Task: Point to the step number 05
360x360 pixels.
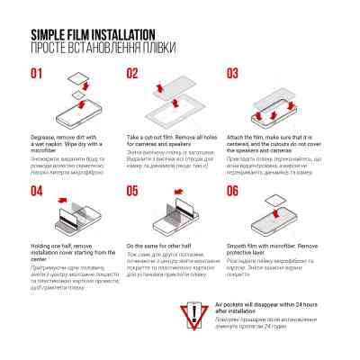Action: tap(132, 190)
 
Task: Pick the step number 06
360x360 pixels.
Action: tap(232, 190)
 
